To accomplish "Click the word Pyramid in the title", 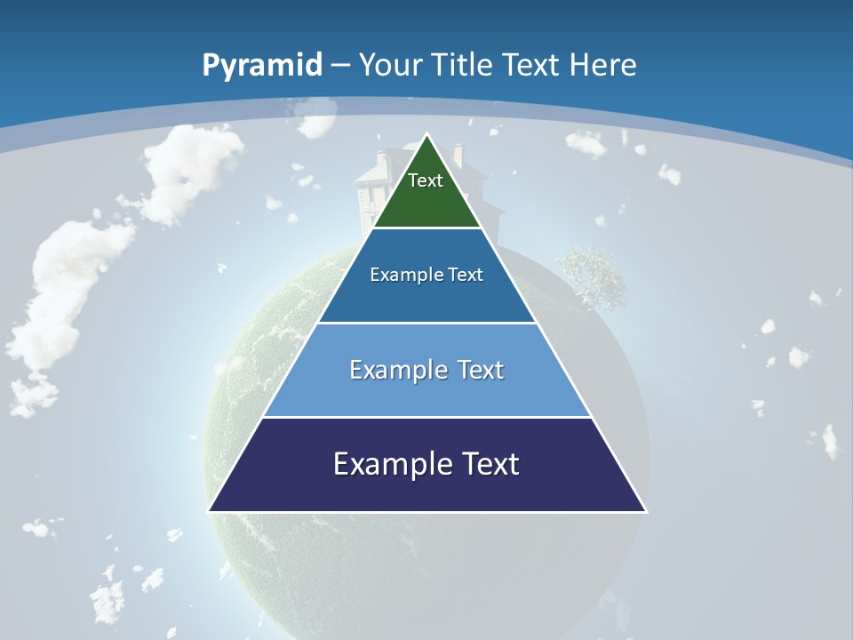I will [x=261, y=66].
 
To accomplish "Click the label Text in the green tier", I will [x=426, y=180].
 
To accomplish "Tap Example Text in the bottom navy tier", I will [x=426, y=464].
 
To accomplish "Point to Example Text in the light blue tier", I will [x=426, y=370].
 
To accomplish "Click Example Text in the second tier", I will [x=426, y=275].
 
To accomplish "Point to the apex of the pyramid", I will [x=427, y=136].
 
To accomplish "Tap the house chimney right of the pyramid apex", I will [x=458, y=155].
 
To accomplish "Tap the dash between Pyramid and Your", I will [x=339, y=66].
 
